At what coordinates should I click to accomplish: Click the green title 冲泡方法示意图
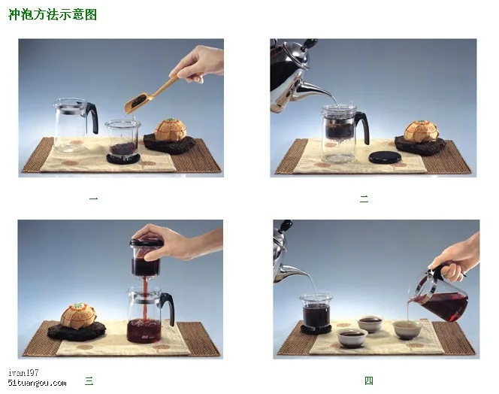[53, 14]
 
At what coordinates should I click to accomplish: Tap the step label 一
[93, 199]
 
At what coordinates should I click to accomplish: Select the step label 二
[364, 199]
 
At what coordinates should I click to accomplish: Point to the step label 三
[89, 380]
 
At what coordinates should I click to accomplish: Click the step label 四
[369, 380]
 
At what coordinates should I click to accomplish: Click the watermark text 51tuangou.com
[37, 383]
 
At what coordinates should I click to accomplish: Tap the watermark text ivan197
[23, 372]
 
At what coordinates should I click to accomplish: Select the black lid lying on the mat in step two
[385, 158]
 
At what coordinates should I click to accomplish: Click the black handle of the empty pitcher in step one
[92, 117]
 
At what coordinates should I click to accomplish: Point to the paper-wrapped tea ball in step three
[78, 316]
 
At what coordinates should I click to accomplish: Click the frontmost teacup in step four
[352, 338]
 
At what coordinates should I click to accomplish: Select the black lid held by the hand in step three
[146, 243]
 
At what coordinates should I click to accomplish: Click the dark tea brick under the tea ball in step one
[169, 144]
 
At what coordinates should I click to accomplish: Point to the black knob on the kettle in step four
[285, 226]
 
